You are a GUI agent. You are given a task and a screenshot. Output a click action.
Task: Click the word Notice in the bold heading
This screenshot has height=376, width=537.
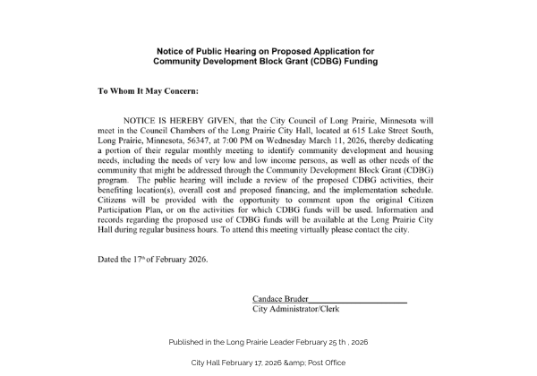coord(172,51)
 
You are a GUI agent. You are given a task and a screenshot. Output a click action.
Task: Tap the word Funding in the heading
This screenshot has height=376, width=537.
coord(357,62)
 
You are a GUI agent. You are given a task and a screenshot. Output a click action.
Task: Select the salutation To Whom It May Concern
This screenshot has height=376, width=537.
coord(148,91)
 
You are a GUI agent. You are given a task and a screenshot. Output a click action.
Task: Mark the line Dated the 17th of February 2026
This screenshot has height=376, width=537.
coord(153,260)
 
